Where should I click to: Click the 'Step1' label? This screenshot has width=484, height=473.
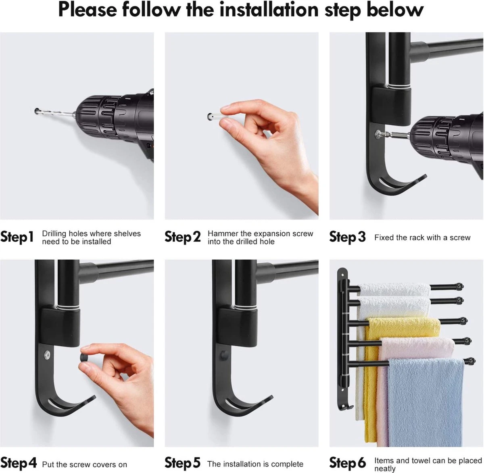tap(17, 236)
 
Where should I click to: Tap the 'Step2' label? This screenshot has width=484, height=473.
tap(183, 236)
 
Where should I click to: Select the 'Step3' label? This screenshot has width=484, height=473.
tap(347, 236)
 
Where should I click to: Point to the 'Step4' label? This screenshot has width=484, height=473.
tap(19, 463)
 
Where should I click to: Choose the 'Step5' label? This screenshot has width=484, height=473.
tap(183, 463)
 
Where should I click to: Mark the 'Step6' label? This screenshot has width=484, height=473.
tap(347, 463)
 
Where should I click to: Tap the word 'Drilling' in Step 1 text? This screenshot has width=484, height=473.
tap(54, 234)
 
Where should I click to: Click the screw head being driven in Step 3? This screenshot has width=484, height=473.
tap(379, 134)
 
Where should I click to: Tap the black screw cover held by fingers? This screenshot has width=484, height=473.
tap(84, 358)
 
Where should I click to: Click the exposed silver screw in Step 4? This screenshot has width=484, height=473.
tap(47, 355)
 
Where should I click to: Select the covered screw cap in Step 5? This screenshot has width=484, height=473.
tap(224, 355)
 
